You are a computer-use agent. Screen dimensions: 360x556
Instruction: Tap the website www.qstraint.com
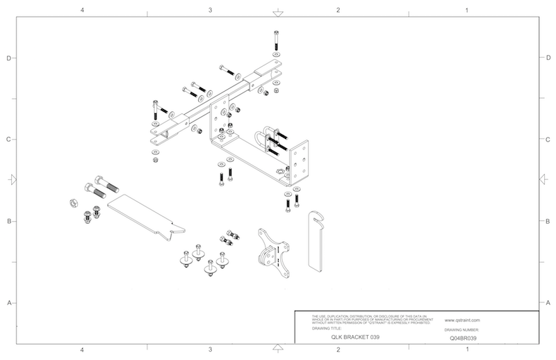point(464,320)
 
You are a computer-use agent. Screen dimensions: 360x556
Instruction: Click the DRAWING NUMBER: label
point(464,329)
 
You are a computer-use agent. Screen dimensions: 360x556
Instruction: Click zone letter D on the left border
point(8,58)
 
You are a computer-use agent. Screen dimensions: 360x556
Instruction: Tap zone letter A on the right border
point(548,303)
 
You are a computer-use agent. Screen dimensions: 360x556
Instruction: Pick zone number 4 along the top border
point(83,10)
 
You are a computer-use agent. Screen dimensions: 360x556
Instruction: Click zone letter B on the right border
point(548,222)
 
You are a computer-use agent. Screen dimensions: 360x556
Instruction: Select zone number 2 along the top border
point(338,10)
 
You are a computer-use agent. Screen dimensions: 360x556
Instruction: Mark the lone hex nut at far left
point(72,203)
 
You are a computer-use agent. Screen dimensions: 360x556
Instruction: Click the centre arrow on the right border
point(543,180)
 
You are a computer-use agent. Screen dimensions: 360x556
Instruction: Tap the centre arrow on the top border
point(277,13)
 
